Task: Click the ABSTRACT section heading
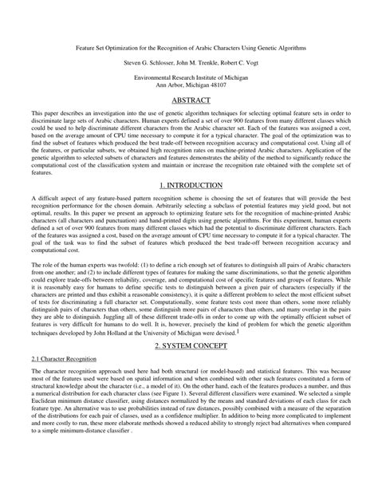tap(189, 102)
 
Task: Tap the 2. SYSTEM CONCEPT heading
tap(189, 347)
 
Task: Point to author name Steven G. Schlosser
tap(150, 61)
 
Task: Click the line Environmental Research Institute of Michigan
tap(189, 77)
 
